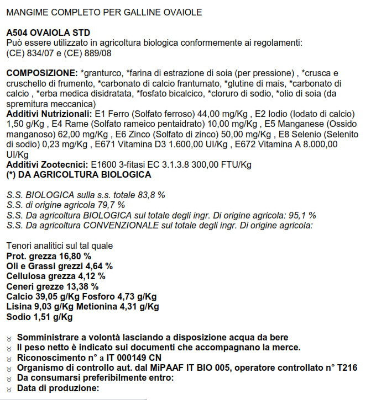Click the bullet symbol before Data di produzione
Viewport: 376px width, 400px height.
click(x=8, y=388)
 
